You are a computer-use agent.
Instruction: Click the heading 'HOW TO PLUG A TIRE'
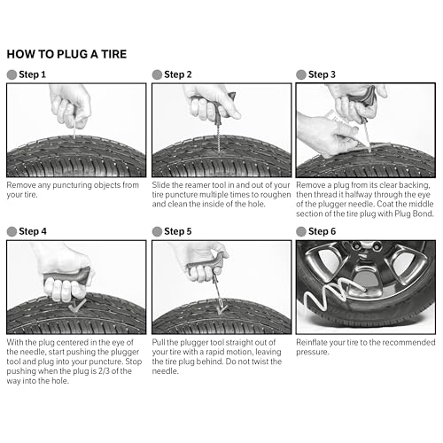coord(66,54)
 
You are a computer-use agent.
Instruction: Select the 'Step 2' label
coord(177,74)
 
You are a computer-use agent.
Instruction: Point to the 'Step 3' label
coord(323,74)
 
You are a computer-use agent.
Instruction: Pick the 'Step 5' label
coord(177,230)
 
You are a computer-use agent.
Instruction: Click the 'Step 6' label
coord(323,230)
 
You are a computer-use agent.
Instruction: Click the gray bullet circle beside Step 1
coord(12,74)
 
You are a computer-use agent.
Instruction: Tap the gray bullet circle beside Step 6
coord(302,230)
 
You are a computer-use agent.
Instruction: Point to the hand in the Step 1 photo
coord(73,104)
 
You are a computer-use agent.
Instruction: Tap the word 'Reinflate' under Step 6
coord(315,341)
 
